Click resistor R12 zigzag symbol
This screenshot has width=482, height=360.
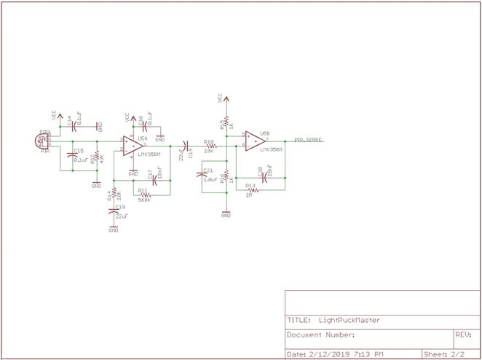(x=97, y=158)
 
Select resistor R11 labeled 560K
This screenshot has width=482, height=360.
(x=145, y=195)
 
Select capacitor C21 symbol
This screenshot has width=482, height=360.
(x=203, y=176)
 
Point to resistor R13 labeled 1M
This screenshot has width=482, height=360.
(x=250, y=189)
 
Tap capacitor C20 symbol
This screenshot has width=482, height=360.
(x=265, y=176)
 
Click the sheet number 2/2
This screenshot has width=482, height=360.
(x=457, y=353)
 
